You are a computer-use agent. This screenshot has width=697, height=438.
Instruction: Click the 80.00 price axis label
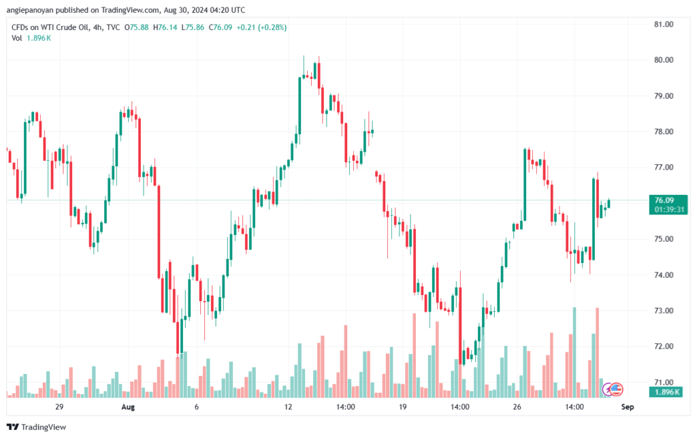point(663,60)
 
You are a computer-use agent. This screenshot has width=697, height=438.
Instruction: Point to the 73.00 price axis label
point(663,311)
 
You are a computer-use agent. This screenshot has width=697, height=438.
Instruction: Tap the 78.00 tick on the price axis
point(663,131)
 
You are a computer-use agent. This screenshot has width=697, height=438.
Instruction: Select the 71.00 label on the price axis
point(663,382)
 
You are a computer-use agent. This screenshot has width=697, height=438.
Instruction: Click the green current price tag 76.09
point(664,200)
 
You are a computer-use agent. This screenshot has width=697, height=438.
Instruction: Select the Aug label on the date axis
point(128,407)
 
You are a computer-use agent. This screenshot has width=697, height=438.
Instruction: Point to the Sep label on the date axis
point(628,407)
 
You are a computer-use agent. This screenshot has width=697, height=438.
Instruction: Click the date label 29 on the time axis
point(59,407)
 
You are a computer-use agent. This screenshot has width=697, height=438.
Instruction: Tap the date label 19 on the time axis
point(403,407)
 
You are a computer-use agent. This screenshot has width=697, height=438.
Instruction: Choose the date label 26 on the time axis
point(517,407)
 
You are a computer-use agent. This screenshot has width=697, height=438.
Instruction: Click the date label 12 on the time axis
point(289,407)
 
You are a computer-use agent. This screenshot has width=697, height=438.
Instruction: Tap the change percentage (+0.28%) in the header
point(272,27)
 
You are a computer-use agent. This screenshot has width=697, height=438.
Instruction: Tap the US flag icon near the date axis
point(615,389)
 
